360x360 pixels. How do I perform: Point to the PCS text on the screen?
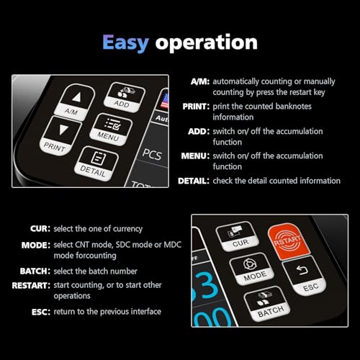151,153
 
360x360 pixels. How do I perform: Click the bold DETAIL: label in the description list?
193,181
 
